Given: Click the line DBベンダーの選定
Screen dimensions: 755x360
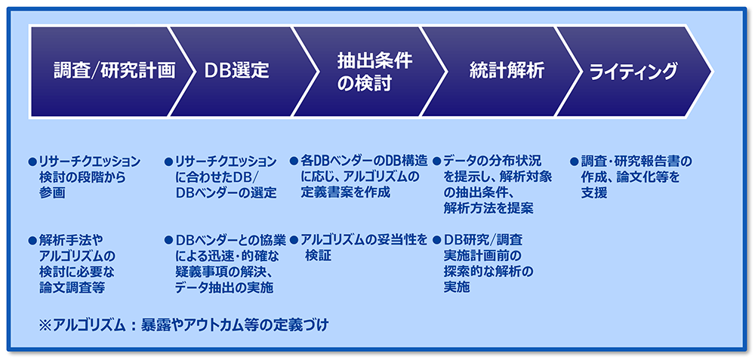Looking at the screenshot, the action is tap(226, 193).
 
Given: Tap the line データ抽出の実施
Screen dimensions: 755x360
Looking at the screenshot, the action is tap(224, 288).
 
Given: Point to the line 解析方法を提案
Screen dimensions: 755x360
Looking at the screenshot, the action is tap(488, 208).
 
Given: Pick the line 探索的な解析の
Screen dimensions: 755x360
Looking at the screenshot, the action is tap(488, 272).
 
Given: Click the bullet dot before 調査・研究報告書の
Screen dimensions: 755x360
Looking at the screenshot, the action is tap(574, 162).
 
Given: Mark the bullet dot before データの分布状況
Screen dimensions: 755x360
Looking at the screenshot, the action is tap(436, 162).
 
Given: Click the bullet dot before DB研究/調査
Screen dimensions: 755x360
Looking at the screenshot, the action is tap(436, 239).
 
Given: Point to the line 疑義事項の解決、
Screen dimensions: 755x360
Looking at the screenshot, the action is tap(225, 272).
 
